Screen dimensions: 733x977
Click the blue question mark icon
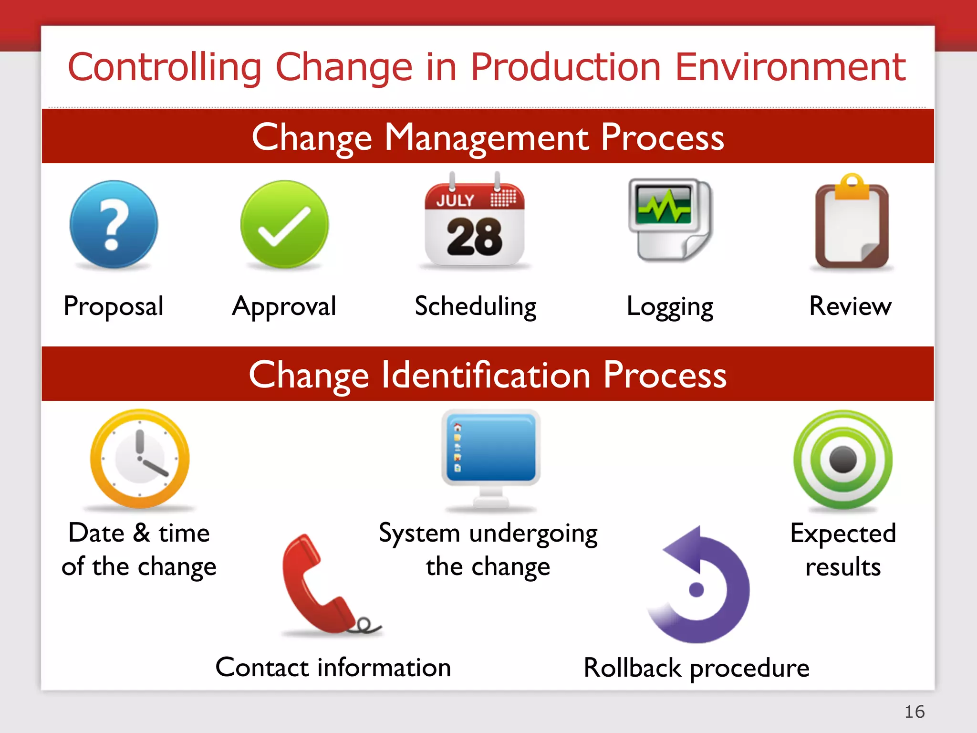coord(114,224)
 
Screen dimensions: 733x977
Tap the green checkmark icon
coord(284,224)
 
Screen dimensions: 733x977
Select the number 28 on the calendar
coord(474,237)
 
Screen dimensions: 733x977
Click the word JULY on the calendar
coord(455,200)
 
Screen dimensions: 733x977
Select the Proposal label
coord(114,306)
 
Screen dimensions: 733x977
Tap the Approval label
coord(284,306)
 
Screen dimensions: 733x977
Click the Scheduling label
coord(476,306)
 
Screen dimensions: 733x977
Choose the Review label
coord(850,306)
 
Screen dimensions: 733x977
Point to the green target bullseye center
coord(843,460)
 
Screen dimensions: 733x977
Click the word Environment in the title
coord(790,67)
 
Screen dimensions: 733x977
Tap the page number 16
coord(914,712)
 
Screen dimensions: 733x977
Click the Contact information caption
coord(333,667)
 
